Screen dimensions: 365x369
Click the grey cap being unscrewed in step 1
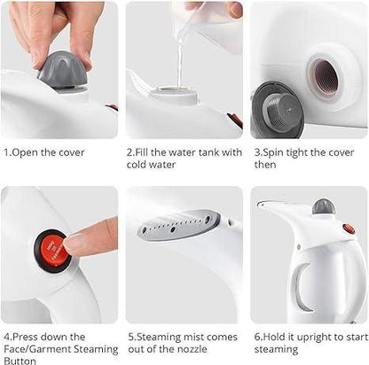pyautogui.click(x=61, y=68)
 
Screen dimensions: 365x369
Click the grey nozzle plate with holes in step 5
pyautogui.click(x=178, y=226)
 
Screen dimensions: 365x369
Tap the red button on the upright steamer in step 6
pyautogui.click(x=350, y=229)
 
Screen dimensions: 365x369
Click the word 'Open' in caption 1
pyautogui.click(x=28, y=152)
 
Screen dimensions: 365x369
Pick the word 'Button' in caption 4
pyautogui.click(x=20, y=360)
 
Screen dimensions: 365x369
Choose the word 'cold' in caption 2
pyautogui.click(x=138, y=165)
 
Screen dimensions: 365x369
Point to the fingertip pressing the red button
pyautogui.click(x=75, y=242)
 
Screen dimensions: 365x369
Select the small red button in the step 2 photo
pyautogui.click(x=234, y=120)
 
